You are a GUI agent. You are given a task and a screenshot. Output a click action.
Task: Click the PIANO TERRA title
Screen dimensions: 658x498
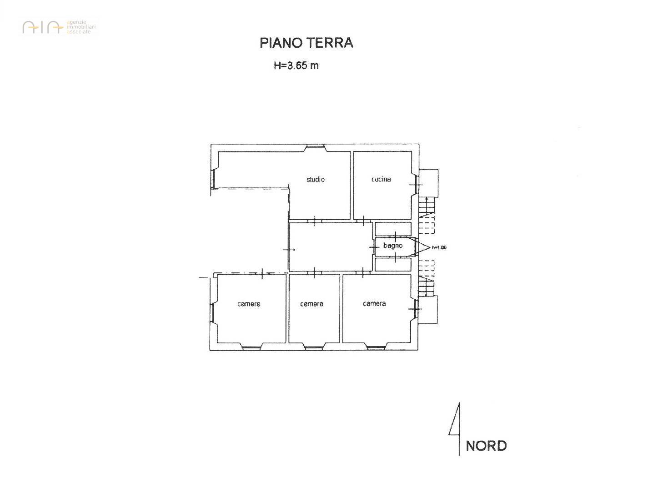coord(306,43)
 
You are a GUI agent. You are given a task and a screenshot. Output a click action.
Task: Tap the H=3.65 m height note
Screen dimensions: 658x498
coord(296,65)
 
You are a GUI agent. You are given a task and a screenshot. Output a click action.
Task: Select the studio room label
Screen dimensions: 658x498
coord(316,180)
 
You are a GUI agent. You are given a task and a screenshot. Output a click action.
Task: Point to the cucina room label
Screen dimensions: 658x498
coord(381,179)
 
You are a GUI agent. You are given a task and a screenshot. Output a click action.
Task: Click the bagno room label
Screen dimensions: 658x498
coord(393,246)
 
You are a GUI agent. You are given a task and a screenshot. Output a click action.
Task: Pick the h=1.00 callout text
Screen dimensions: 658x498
coord(439,248)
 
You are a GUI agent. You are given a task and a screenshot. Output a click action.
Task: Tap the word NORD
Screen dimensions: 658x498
coord(486,446)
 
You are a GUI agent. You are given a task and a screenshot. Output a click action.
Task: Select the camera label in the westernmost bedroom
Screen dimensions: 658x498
coord(249,304)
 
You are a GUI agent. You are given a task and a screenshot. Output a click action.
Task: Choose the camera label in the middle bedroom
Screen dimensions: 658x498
coord(311,304)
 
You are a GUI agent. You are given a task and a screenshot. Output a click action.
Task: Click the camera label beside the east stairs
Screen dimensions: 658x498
coord(374,304)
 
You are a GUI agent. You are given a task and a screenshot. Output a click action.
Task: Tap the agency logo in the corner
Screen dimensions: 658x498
coord(59,27)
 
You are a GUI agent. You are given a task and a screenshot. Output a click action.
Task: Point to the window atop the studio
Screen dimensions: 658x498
coord(315,146)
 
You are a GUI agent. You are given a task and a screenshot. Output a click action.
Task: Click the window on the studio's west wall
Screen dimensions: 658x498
coord(213,179)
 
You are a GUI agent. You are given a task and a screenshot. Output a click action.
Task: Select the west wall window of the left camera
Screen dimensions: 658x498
coord(211,313)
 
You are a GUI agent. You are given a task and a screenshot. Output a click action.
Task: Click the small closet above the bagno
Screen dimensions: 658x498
coord(393,229)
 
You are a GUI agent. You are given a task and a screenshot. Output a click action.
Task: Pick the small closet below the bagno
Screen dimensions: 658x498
coord(393,265)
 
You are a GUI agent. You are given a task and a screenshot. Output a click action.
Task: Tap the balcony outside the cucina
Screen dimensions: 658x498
coord(428,183)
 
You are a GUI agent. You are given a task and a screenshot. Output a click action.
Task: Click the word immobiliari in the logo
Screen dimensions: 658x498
coord(81,27)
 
